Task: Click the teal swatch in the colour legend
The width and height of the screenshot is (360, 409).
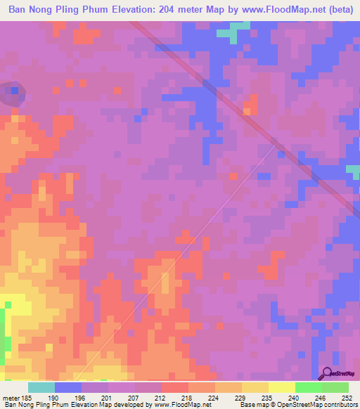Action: point(41,387)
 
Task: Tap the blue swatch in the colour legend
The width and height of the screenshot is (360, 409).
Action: point(68,387)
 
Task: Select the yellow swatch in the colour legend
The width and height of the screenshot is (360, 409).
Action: point(282,387)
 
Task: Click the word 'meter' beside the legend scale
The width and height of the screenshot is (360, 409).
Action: point(11,397)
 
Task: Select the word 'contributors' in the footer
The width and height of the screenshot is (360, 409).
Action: point(336,405)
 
